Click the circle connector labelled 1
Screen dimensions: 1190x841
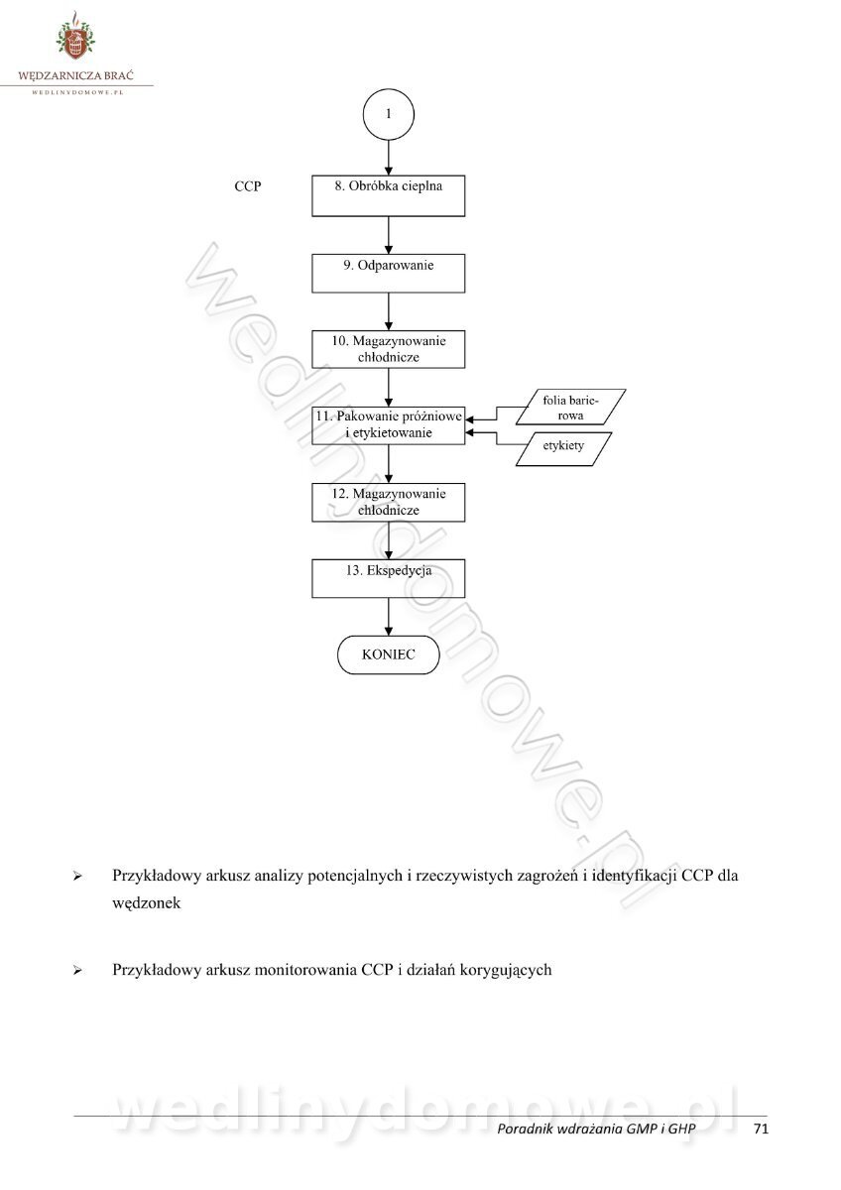point(389,114)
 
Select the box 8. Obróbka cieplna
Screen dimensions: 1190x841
point(389,196)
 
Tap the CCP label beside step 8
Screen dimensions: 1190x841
point(248,185)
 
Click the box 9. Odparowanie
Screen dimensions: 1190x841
point(389,273)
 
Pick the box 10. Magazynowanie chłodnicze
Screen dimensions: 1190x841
point(389,349)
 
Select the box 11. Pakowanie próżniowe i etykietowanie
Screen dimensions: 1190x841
point(389,424)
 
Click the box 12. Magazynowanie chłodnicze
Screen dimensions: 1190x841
point(389,502)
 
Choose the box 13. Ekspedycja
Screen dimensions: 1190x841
point(389,578)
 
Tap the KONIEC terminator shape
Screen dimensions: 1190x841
point(389,654)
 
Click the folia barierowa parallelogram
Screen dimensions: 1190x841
point(563,408)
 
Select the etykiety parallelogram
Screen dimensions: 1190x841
point(563,447)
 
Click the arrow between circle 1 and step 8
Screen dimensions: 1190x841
point(389,158)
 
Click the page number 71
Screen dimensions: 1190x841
point(762,1129)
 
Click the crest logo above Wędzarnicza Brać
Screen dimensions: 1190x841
point(75,38)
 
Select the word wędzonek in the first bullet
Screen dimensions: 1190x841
point(147,904)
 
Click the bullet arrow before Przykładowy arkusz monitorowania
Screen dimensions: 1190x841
point(76,971)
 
